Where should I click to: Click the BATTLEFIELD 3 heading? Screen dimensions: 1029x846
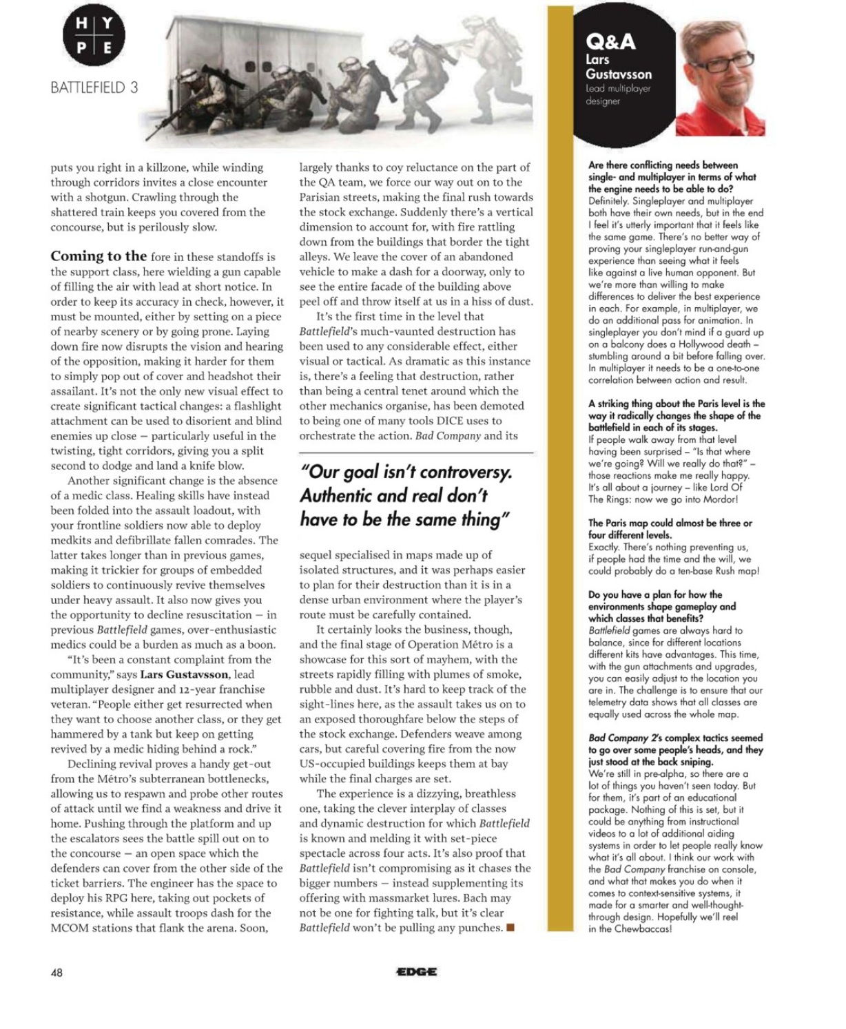point(94,87)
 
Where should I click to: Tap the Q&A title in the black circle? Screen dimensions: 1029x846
point(610,42)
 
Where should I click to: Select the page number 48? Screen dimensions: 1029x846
point(56,973)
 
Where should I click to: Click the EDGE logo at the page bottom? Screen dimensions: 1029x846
point(416,972)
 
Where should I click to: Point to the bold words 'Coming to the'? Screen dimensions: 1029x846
point(99,256)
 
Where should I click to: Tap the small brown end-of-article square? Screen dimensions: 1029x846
point(510,927)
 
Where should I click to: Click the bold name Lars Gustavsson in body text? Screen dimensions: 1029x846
point(185,674)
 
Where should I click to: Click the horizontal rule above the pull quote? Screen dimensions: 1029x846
point(416,453)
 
